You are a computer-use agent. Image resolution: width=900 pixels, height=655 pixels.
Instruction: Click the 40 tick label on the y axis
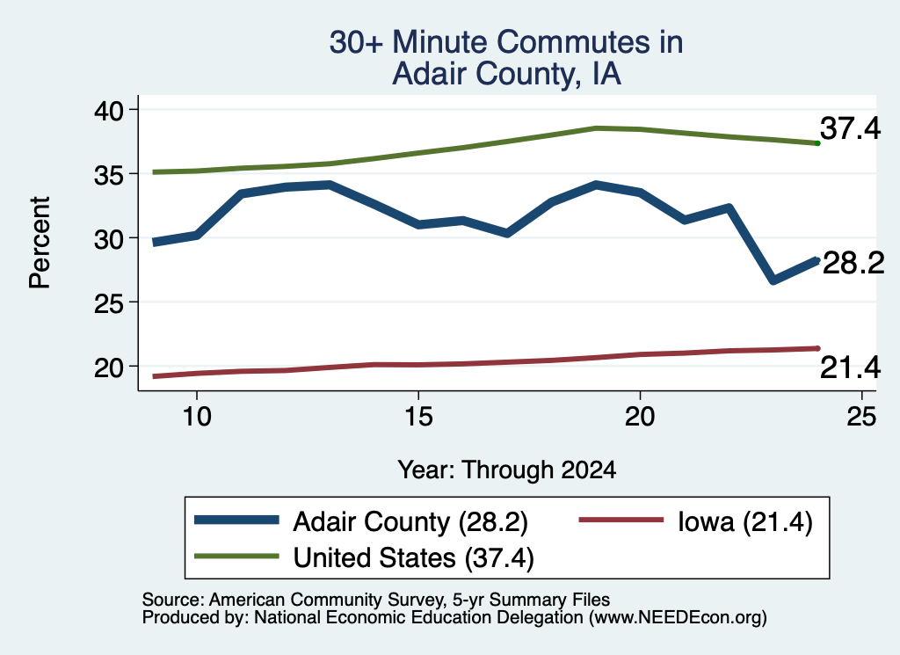pos(108,110)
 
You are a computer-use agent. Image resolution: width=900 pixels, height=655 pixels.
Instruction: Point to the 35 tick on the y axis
pos(133,173)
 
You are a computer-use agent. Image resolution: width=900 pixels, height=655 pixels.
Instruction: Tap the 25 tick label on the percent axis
pos(108,302)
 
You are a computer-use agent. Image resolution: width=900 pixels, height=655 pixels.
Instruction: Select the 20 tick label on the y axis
pos(108,368)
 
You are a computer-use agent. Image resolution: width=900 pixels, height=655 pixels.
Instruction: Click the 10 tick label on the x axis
pos(197,416)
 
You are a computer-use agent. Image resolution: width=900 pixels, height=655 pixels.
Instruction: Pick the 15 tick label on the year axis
pos(418,416)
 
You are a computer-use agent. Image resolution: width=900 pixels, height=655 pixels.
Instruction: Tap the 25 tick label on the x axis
pos(861,416)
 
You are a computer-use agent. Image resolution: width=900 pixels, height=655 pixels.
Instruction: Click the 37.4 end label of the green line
pos(850,127)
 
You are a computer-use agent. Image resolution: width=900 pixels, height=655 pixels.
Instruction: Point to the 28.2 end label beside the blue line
pos(853,264)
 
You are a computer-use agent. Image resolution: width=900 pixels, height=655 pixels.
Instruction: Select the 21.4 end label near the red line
pos(850,368)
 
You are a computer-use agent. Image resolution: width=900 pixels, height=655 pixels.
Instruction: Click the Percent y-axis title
pos(40,243)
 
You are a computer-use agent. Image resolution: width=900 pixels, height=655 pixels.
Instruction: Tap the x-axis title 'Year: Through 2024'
pos(507,469)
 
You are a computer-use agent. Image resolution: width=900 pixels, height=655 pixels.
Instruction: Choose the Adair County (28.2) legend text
pos(410,522)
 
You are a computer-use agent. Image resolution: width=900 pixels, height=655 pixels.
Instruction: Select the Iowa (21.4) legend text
pos(745,522)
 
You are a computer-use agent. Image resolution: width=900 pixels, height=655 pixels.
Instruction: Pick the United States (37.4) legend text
pos(413,557)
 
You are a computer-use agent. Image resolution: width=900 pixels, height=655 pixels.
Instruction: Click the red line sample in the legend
pos(621,520)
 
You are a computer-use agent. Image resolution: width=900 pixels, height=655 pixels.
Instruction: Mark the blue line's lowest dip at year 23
pos(773,280)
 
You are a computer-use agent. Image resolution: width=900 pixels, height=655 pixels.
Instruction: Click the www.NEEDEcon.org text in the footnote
pos(678,618)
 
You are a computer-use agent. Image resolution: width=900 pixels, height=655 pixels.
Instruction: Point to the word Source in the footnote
pos(171,600)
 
